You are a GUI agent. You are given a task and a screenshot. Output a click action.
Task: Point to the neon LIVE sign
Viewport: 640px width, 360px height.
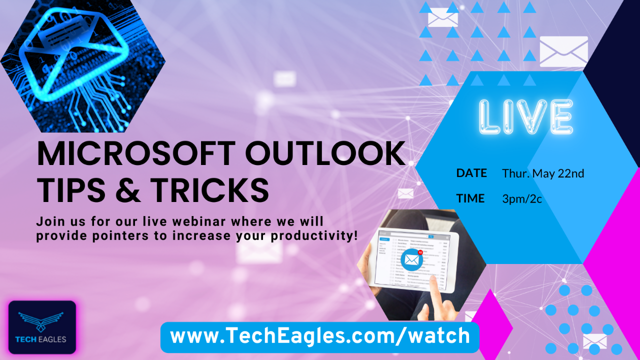525,116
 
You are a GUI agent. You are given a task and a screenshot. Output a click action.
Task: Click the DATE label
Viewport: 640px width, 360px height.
471,173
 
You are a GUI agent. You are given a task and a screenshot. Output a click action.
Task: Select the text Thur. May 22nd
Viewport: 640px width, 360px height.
543,173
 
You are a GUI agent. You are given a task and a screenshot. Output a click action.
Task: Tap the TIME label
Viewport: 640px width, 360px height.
470,198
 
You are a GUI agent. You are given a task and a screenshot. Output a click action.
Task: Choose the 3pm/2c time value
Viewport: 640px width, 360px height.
522,199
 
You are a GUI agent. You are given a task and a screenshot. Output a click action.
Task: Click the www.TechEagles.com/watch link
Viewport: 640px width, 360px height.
319,336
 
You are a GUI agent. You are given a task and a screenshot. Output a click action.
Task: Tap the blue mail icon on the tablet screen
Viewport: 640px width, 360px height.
411,259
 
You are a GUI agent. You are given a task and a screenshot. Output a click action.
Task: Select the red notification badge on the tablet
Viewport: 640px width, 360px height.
420,252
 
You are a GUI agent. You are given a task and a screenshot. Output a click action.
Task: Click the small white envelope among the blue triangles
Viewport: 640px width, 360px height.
442,19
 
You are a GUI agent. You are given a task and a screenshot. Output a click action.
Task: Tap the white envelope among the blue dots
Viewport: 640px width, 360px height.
594,341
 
